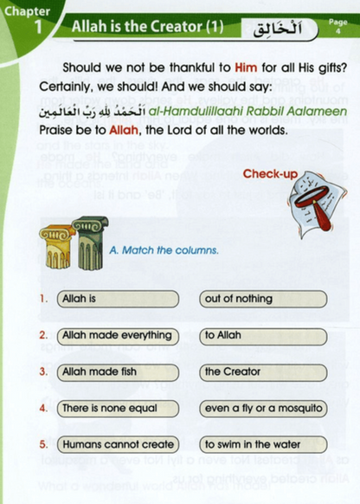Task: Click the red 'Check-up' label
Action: point(269,174)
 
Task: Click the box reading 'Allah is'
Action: point(118,299)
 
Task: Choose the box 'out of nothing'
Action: point(263,299)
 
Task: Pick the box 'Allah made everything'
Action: point(118,335)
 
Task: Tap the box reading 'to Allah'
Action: point(263,335)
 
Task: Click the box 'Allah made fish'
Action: point(118,372)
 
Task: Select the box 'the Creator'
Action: point(263,372)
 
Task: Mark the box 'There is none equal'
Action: point(118,408)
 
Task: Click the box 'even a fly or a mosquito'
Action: point(263,408)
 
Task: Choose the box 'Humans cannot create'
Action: point(118,444)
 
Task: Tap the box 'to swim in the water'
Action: point(263,444)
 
